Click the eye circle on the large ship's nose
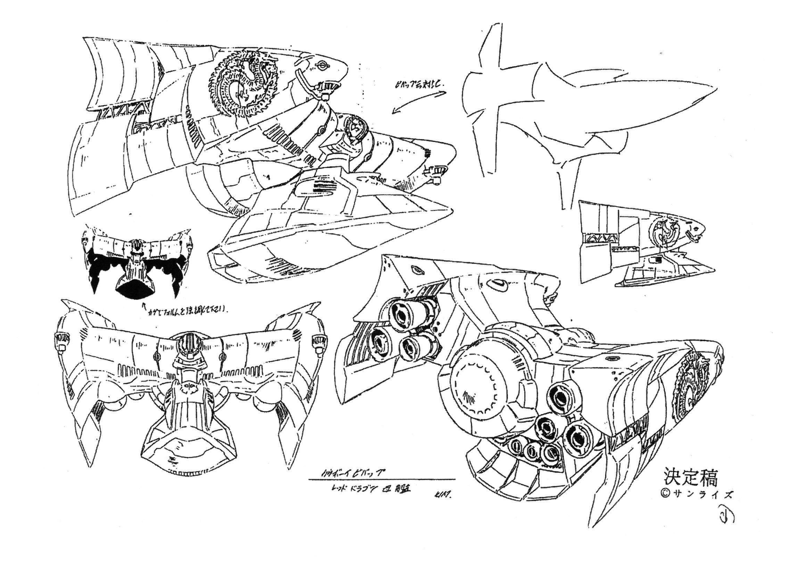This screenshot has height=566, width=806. [x=322, y=65]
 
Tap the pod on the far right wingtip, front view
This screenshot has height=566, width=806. [x=317, y=342]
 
